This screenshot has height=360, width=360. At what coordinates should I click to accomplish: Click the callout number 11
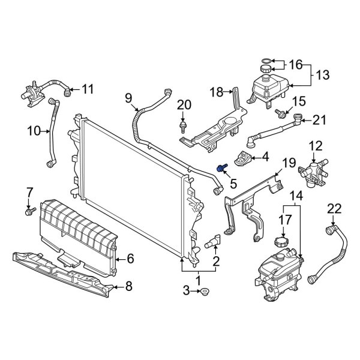coord(88,90)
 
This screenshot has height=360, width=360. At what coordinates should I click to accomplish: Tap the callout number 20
coord(185,105)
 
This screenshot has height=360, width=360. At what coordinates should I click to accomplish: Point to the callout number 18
coord(216,91)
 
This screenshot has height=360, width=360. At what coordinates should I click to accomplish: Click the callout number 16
coord(297,65)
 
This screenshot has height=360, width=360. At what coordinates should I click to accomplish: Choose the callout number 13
coord(323,75)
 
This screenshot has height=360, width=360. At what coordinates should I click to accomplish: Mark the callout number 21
coord(318,120)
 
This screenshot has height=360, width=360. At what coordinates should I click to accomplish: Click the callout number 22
coord(334,209)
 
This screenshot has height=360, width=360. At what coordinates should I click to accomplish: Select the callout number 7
coord(28,193)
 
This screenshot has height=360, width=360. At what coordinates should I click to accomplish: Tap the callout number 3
coord(185,291)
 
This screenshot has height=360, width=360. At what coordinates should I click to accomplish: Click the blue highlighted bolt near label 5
coord(222,169)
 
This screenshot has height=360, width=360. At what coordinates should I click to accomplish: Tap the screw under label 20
coord(182,127)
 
